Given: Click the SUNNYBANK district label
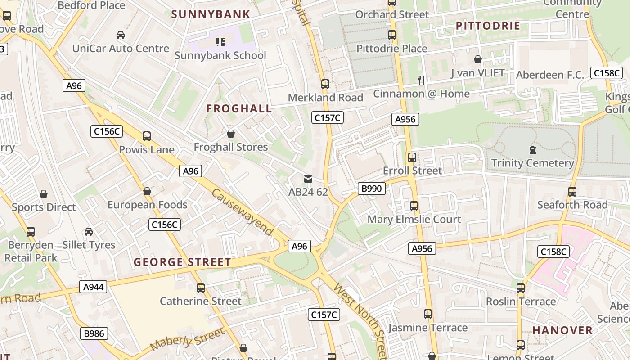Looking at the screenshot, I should click(211, 14).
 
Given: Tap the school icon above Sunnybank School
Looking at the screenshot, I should click(220, 42).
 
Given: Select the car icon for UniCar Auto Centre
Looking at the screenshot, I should click(121, 35).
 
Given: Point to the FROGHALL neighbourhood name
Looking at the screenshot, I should click(239, 108).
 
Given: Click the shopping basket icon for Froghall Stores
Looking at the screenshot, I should click(231, 134).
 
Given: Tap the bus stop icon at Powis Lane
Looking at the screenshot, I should click(147, 136).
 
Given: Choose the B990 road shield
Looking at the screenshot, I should click(372, 188).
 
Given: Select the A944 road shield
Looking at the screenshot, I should click(93, 287).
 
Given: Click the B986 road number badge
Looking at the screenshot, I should click(94, 333).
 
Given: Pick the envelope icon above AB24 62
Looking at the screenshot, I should click(308, 179).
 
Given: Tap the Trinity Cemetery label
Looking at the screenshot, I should click(532, 163).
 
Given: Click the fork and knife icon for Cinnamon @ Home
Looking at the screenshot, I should click(421, 81).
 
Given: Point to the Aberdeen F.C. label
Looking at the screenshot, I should click(550, 75).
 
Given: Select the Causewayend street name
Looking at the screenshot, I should click(242, 211).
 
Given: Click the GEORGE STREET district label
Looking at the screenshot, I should click(182, 262).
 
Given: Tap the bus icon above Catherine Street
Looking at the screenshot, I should click(201, 288).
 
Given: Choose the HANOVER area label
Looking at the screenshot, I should click(562, 330).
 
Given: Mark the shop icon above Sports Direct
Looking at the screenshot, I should click(44, 194).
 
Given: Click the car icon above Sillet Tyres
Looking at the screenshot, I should click(89, 232).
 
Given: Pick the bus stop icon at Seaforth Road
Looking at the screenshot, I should click(572, 192).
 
